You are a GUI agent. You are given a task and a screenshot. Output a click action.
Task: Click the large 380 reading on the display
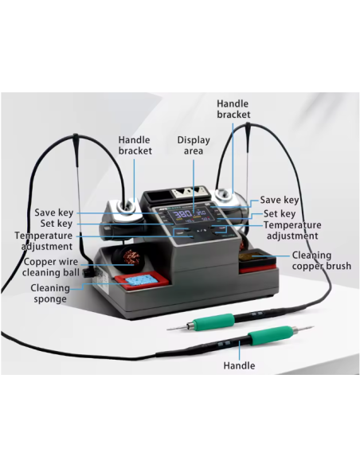point(182,213)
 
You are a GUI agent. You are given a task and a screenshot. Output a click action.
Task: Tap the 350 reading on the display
point(202,213)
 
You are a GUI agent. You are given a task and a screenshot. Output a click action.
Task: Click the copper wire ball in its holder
point(131,256)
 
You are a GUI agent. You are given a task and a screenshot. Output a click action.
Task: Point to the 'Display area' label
point(194,146)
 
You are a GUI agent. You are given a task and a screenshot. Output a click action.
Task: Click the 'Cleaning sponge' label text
point(50,294)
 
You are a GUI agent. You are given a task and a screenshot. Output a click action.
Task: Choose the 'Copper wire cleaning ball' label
point(51,267)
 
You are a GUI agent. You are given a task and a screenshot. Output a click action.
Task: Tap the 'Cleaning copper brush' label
point(322,260)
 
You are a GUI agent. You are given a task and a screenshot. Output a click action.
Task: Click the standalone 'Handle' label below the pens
point(239,365)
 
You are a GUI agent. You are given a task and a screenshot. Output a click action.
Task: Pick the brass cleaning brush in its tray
point(257,257)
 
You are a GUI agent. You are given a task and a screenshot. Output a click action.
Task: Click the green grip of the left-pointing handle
point(213,322)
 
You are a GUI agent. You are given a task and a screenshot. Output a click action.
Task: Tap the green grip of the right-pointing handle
point(270,335)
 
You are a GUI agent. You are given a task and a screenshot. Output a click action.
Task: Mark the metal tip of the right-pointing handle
point(305,329)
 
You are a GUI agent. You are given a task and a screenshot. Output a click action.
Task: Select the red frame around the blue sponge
point(141,281)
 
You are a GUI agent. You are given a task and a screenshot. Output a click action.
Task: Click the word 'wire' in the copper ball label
point(71,262)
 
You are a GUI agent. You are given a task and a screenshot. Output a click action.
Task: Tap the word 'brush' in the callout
point(337,266)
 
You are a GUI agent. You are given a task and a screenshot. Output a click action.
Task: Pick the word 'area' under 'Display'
point(194,151)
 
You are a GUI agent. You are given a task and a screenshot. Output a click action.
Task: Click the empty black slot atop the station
point(155,197)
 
